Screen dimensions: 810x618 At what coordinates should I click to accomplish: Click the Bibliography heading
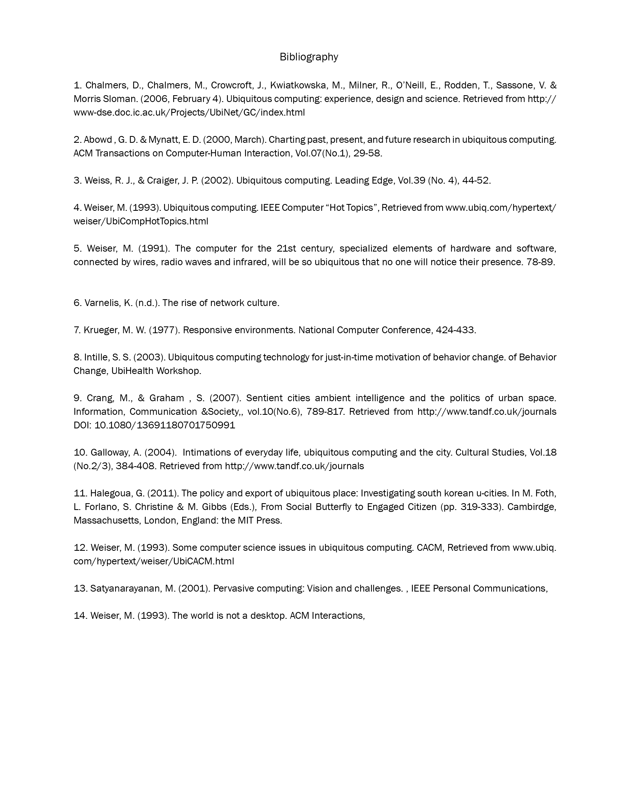click(309, 57)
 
